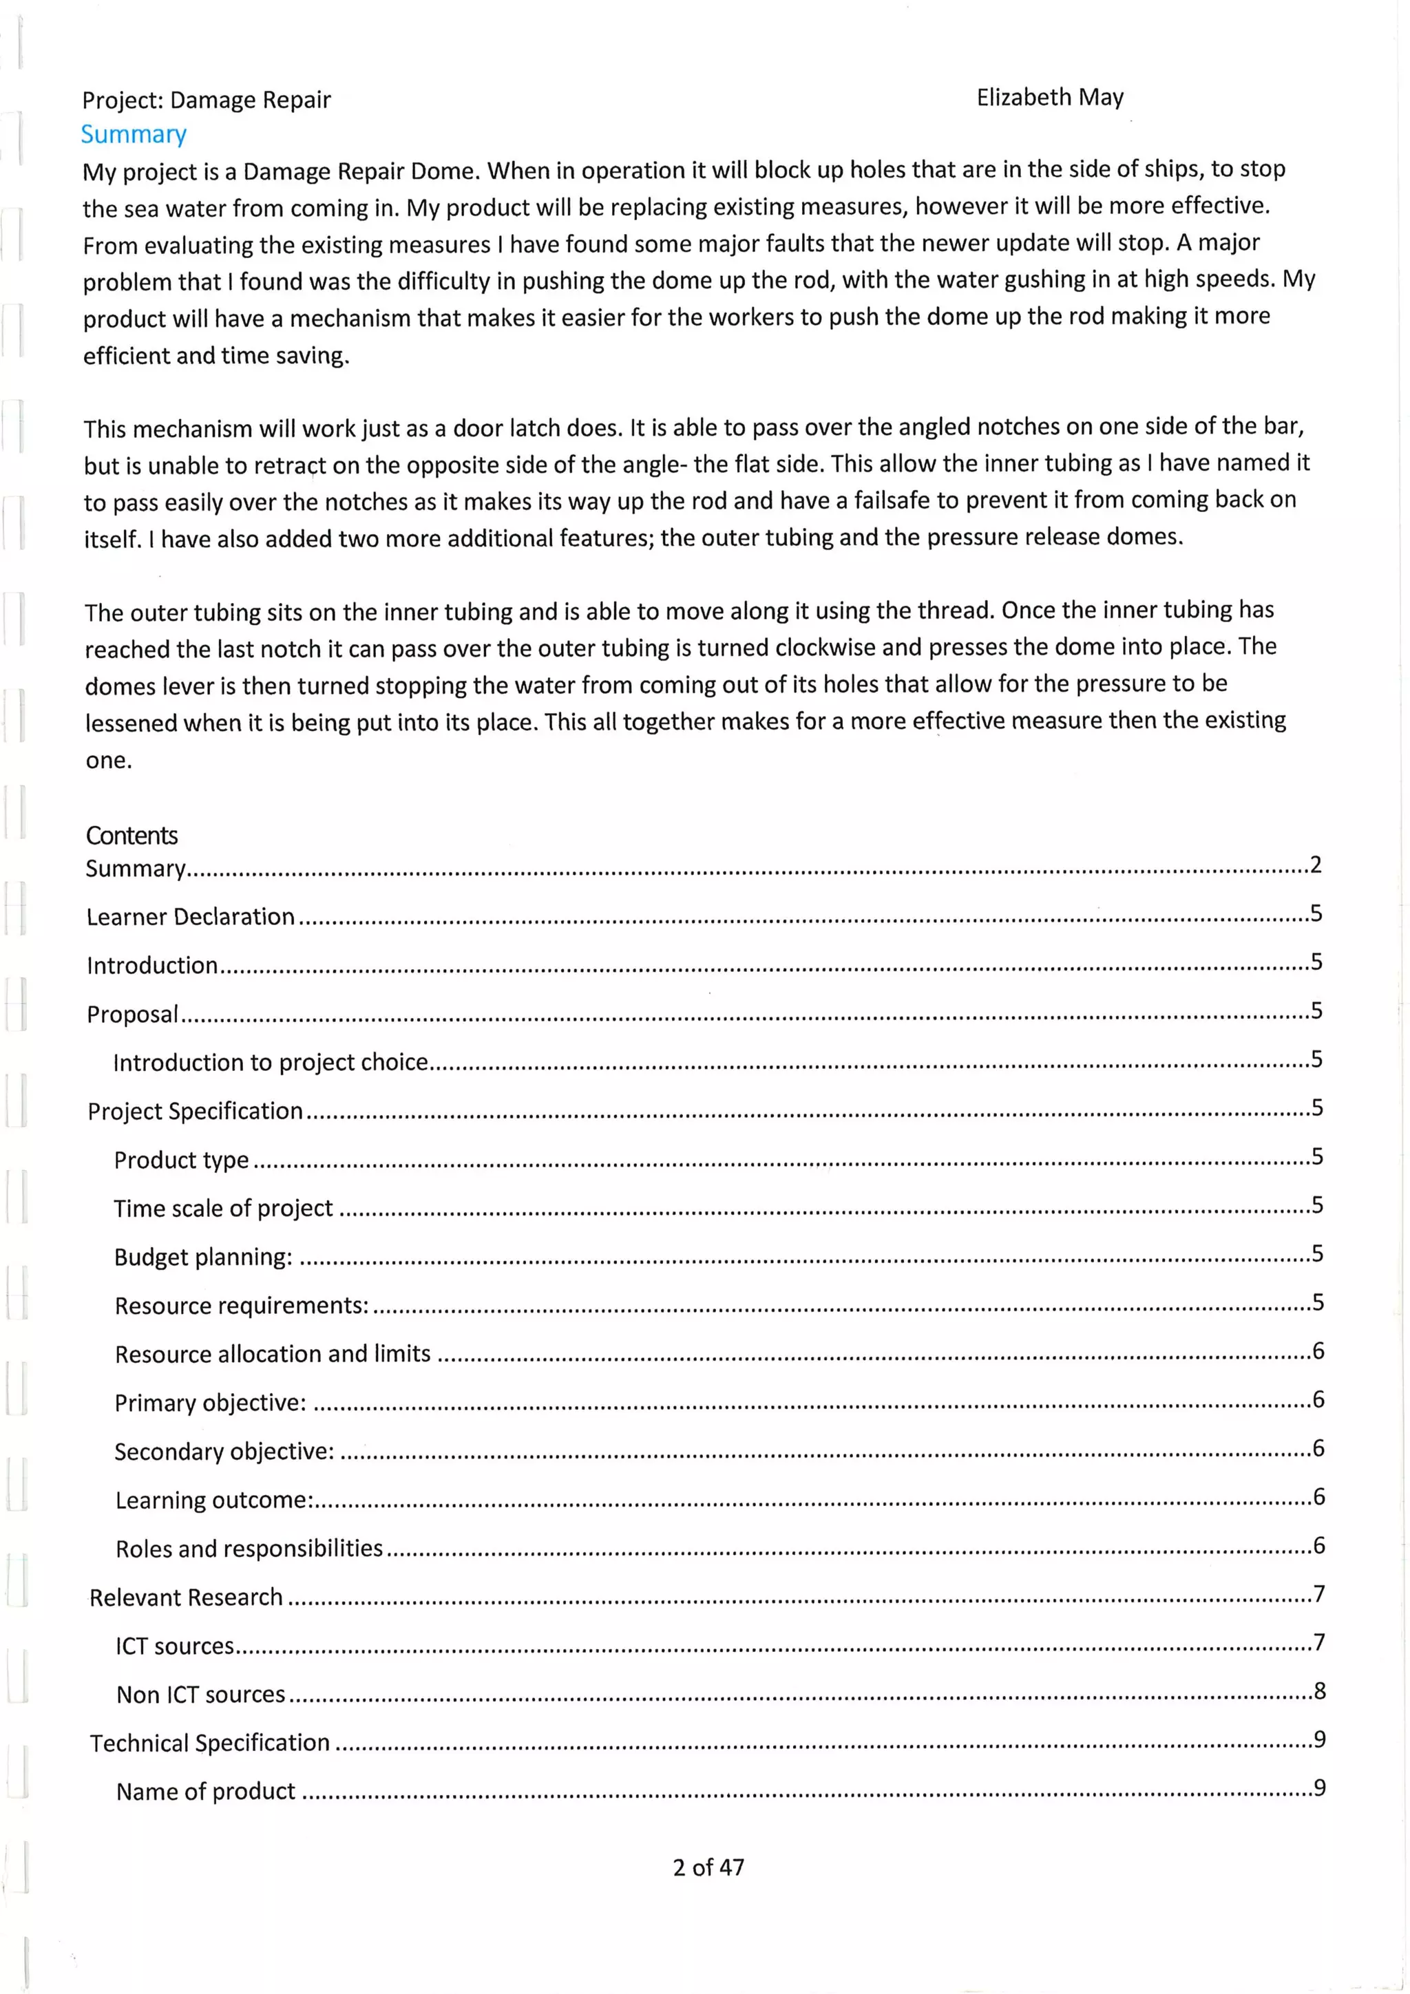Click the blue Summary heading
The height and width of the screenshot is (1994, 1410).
[134, 135]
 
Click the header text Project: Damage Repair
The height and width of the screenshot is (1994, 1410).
[207, 100]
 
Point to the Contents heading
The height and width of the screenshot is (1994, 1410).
[131, 836]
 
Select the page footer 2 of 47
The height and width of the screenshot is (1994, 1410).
[708, 1867]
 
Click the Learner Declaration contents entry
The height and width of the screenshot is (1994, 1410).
[190, 916]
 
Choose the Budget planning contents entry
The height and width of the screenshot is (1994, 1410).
[203, 1257]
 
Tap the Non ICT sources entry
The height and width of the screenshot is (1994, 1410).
[200, 1695]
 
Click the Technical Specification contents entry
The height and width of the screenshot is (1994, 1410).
[209, 1743]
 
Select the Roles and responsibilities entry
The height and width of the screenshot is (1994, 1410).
[249, 1549]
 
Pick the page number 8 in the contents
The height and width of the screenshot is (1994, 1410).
[1319, 1691]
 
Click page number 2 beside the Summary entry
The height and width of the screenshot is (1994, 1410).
[1315, 865]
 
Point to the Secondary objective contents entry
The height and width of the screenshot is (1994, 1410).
[224, 1451]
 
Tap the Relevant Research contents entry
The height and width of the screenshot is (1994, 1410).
[186, 1597]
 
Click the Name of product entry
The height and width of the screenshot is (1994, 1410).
[206, 1792]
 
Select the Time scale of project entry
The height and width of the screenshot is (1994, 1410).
[223, 1208]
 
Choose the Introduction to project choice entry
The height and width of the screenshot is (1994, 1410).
[270, 1062]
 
